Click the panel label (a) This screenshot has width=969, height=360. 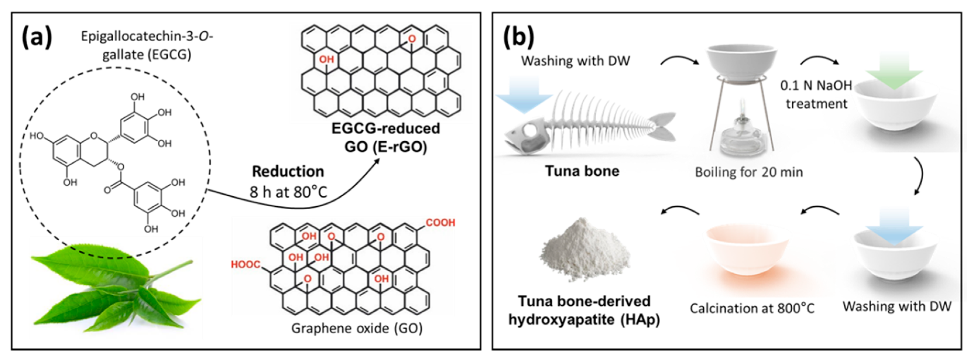tap(37, 38)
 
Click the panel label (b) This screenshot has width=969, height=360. tap(519, 38)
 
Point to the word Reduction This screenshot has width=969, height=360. tap(288, 172)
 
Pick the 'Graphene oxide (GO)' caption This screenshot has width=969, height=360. tap(357, 328)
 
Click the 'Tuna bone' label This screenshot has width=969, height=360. tap(582, 171)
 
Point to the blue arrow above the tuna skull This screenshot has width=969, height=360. tap(524, 94)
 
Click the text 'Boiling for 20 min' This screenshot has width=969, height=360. tap(749, 172)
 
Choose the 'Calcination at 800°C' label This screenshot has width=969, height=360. tap(752, 308)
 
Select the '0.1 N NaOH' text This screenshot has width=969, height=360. tap(815, 86)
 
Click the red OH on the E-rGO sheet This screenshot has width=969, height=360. tap(327, 59)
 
